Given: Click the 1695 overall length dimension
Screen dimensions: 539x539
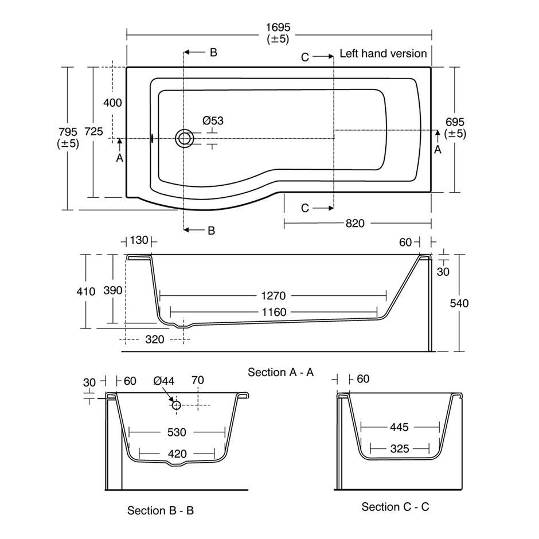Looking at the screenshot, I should click(x=278, y=27).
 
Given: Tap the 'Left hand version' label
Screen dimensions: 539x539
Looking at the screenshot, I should click(x=383, y=53).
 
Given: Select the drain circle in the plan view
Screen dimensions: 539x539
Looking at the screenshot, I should click(x=185, y=138).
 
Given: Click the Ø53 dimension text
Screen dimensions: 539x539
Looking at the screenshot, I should click(x=213, y=120).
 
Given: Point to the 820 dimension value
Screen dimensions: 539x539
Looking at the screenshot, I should click(x=355, y=224).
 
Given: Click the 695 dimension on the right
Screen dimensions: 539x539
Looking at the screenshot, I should click(x=455, y=122).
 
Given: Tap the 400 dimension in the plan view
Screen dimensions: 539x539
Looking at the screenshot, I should click(x=112, y=103).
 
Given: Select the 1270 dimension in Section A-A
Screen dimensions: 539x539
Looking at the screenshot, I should click(x=272, y=296).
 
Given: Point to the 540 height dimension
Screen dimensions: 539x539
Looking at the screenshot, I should click(x=459, y=303).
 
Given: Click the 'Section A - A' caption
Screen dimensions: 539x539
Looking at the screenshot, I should click(x=280, y=372).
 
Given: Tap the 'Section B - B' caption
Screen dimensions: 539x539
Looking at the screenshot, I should click(x=161, y=510).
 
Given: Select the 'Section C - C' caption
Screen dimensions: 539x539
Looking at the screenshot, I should click(x=395, y=506).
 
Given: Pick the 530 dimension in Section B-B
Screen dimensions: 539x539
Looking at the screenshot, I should click(x=177, y=432).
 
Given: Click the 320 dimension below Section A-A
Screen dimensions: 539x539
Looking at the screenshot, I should click(x=154, y=339).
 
